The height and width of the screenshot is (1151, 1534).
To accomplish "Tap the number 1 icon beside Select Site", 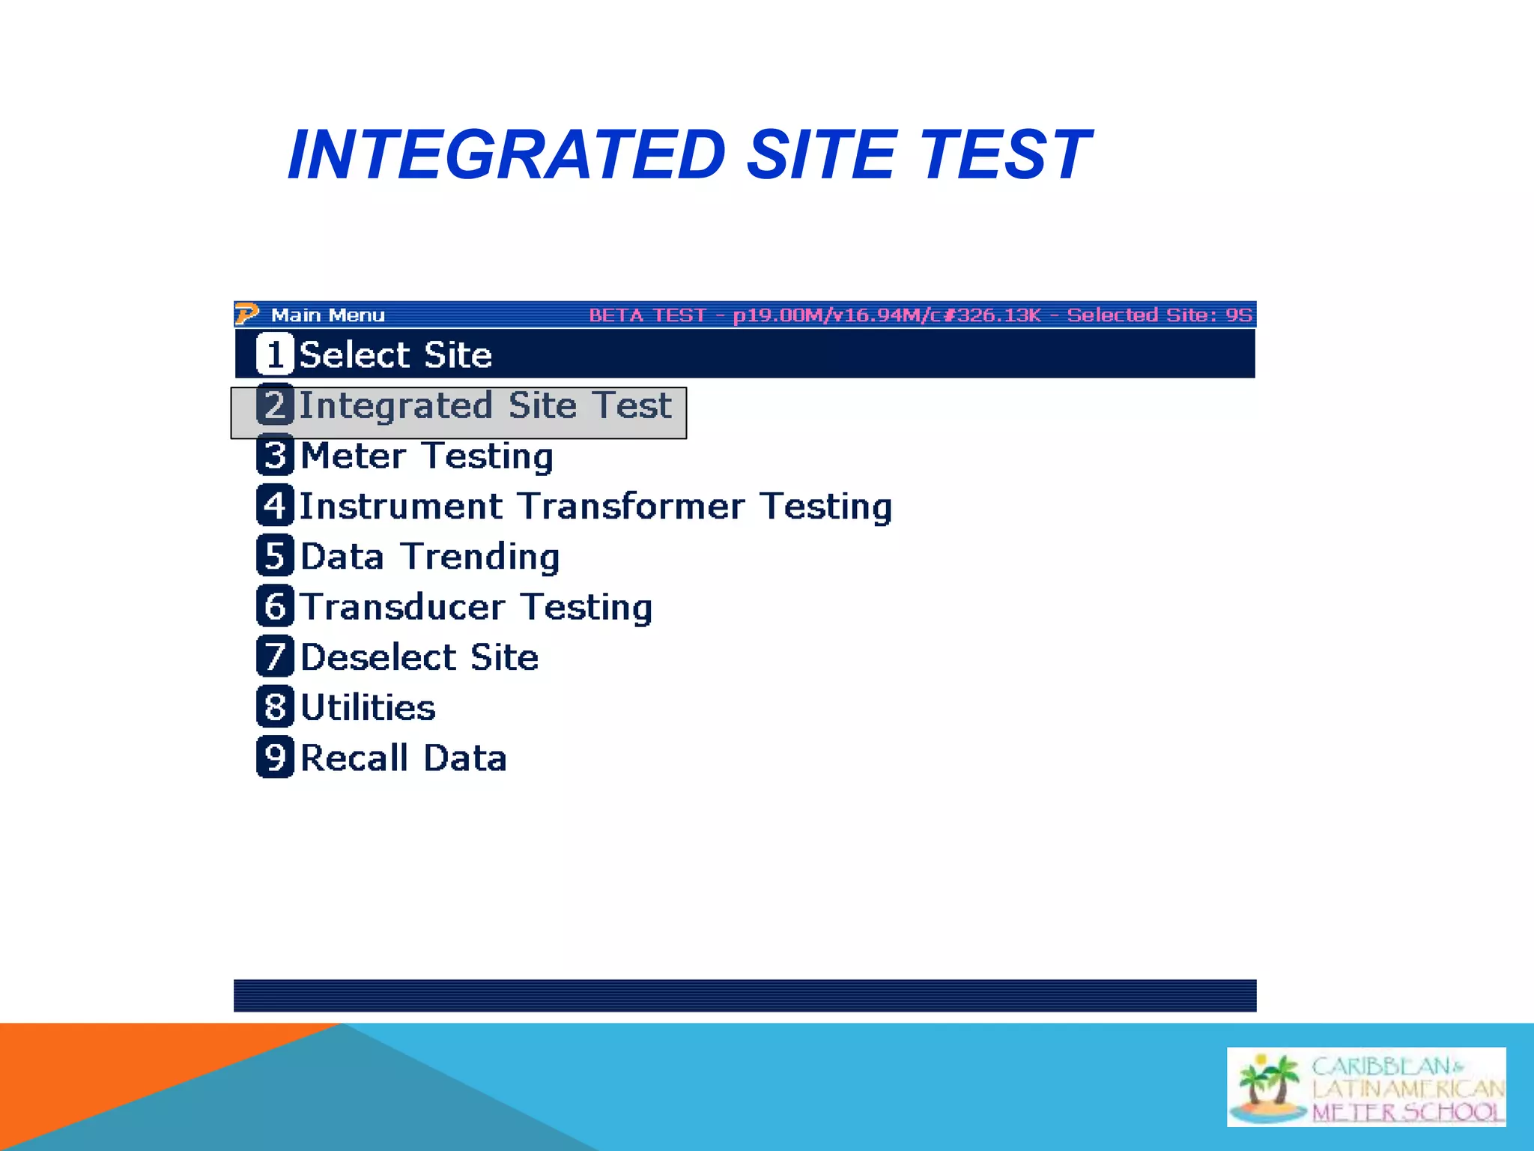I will tap(275, 354).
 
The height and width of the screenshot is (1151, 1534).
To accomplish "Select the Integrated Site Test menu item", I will tap(485, 405).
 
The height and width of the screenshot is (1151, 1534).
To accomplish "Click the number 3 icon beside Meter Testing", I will tap(275, 456).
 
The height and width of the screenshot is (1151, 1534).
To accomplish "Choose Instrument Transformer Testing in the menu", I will tap(595, 506).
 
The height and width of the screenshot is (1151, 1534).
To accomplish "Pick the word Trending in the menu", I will tap(480, 557).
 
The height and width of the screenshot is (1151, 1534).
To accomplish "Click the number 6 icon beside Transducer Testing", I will tap(275, 606).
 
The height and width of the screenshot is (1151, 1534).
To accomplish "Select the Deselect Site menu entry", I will tap(419, 657).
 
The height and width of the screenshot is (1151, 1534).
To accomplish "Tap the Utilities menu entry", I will tap(368, 707).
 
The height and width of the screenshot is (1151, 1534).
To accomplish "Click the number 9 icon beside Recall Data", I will tap(275, 758).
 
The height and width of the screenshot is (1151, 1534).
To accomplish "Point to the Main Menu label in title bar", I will tap(327, 315).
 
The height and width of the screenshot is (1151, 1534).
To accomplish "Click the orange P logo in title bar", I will tap(246, 314).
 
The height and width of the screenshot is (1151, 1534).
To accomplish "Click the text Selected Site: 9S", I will tap(1159, 315).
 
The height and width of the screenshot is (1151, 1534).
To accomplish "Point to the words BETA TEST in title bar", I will tap(647, 315).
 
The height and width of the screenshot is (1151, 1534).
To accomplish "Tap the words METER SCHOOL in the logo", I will tap(1407, 1112).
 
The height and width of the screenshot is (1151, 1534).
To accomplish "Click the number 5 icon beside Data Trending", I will tap(275, 556).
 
